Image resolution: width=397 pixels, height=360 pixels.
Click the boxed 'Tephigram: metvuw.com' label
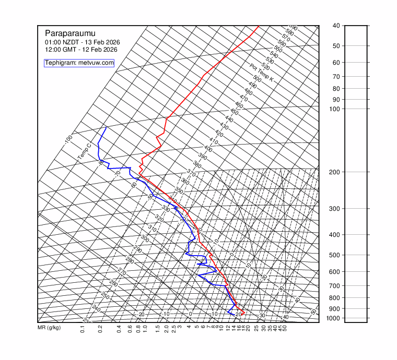(x=79, y=63)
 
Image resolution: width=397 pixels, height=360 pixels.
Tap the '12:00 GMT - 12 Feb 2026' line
(x=81, y=50)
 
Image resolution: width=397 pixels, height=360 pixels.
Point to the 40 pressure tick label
(x=336, y=26)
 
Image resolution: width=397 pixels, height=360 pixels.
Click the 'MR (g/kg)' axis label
(x=49, y=328)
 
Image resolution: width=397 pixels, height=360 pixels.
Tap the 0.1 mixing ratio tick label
(x=83, y=329)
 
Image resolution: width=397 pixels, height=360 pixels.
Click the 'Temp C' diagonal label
(x=85, y=151)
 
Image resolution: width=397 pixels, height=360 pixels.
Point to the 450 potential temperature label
(x=234, y=113)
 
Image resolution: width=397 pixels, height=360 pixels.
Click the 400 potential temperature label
(x=208, y=149)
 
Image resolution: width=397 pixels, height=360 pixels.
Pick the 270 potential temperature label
(x=122, y=272)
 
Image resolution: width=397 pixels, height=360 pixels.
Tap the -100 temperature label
(x=68, y=140)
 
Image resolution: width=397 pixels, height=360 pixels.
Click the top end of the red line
(x=259, y=26)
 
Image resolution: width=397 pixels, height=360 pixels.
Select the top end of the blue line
(x=106, y=127)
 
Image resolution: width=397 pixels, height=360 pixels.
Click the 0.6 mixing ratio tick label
(x=129, y=329)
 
